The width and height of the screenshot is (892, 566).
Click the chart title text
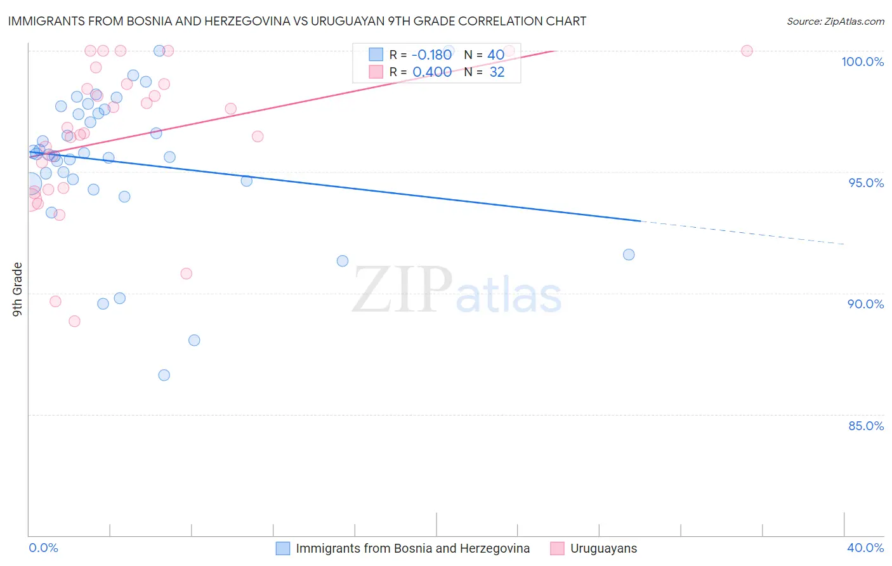coord(297,21)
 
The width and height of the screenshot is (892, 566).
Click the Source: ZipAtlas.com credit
coord(835,21)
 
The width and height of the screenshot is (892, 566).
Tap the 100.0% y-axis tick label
coord(862,62)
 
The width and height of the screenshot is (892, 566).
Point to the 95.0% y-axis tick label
coord(866,183)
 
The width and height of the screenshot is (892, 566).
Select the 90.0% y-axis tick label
coord(866,304)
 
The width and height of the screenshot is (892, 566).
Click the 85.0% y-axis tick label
coord(866,426)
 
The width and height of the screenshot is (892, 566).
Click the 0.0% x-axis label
coord(43,548)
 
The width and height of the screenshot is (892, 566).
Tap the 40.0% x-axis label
coord(865,548)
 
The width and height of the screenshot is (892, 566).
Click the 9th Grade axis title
coord(18,289)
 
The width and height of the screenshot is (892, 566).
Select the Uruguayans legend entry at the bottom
coord(603,548)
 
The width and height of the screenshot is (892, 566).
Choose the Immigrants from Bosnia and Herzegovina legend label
coord(412,548)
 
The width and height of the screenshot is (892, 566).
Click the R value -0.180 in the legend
coord(431,55)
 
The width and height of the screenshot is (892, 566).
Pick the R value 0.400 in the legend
coord(432,72)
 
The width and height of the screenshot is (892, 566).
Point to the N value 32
coord(497,72)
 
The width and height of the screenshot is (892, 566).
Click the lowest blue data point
coord(164,375)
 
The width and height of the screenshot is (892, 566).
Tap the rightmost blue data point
coord(629,254)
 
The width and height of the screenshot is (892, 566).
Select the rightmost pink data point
coord(747,51)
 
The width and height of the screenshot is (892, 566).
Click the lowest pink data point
coord(74,321)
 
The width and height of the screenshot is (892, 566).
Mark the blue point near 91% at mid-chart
coord(343,261)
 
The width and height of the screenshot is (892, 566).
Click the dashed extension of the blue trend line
coord(742,232)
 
